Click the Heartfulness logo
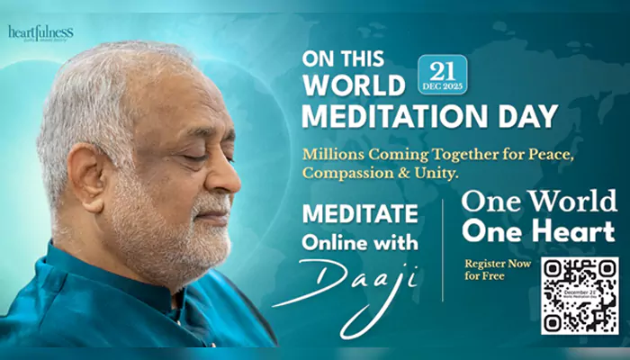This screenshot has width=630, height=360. [x=40, y=32]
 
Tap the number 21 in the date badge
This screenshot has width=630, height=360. [x=442, y=68]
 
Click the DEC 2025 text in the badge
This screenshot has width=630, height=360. [x=442, y=86]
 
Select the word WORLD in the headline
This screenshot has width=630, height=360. [x=355, y=86]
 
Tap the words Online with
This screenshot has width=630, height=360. [x=361, y=244]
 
